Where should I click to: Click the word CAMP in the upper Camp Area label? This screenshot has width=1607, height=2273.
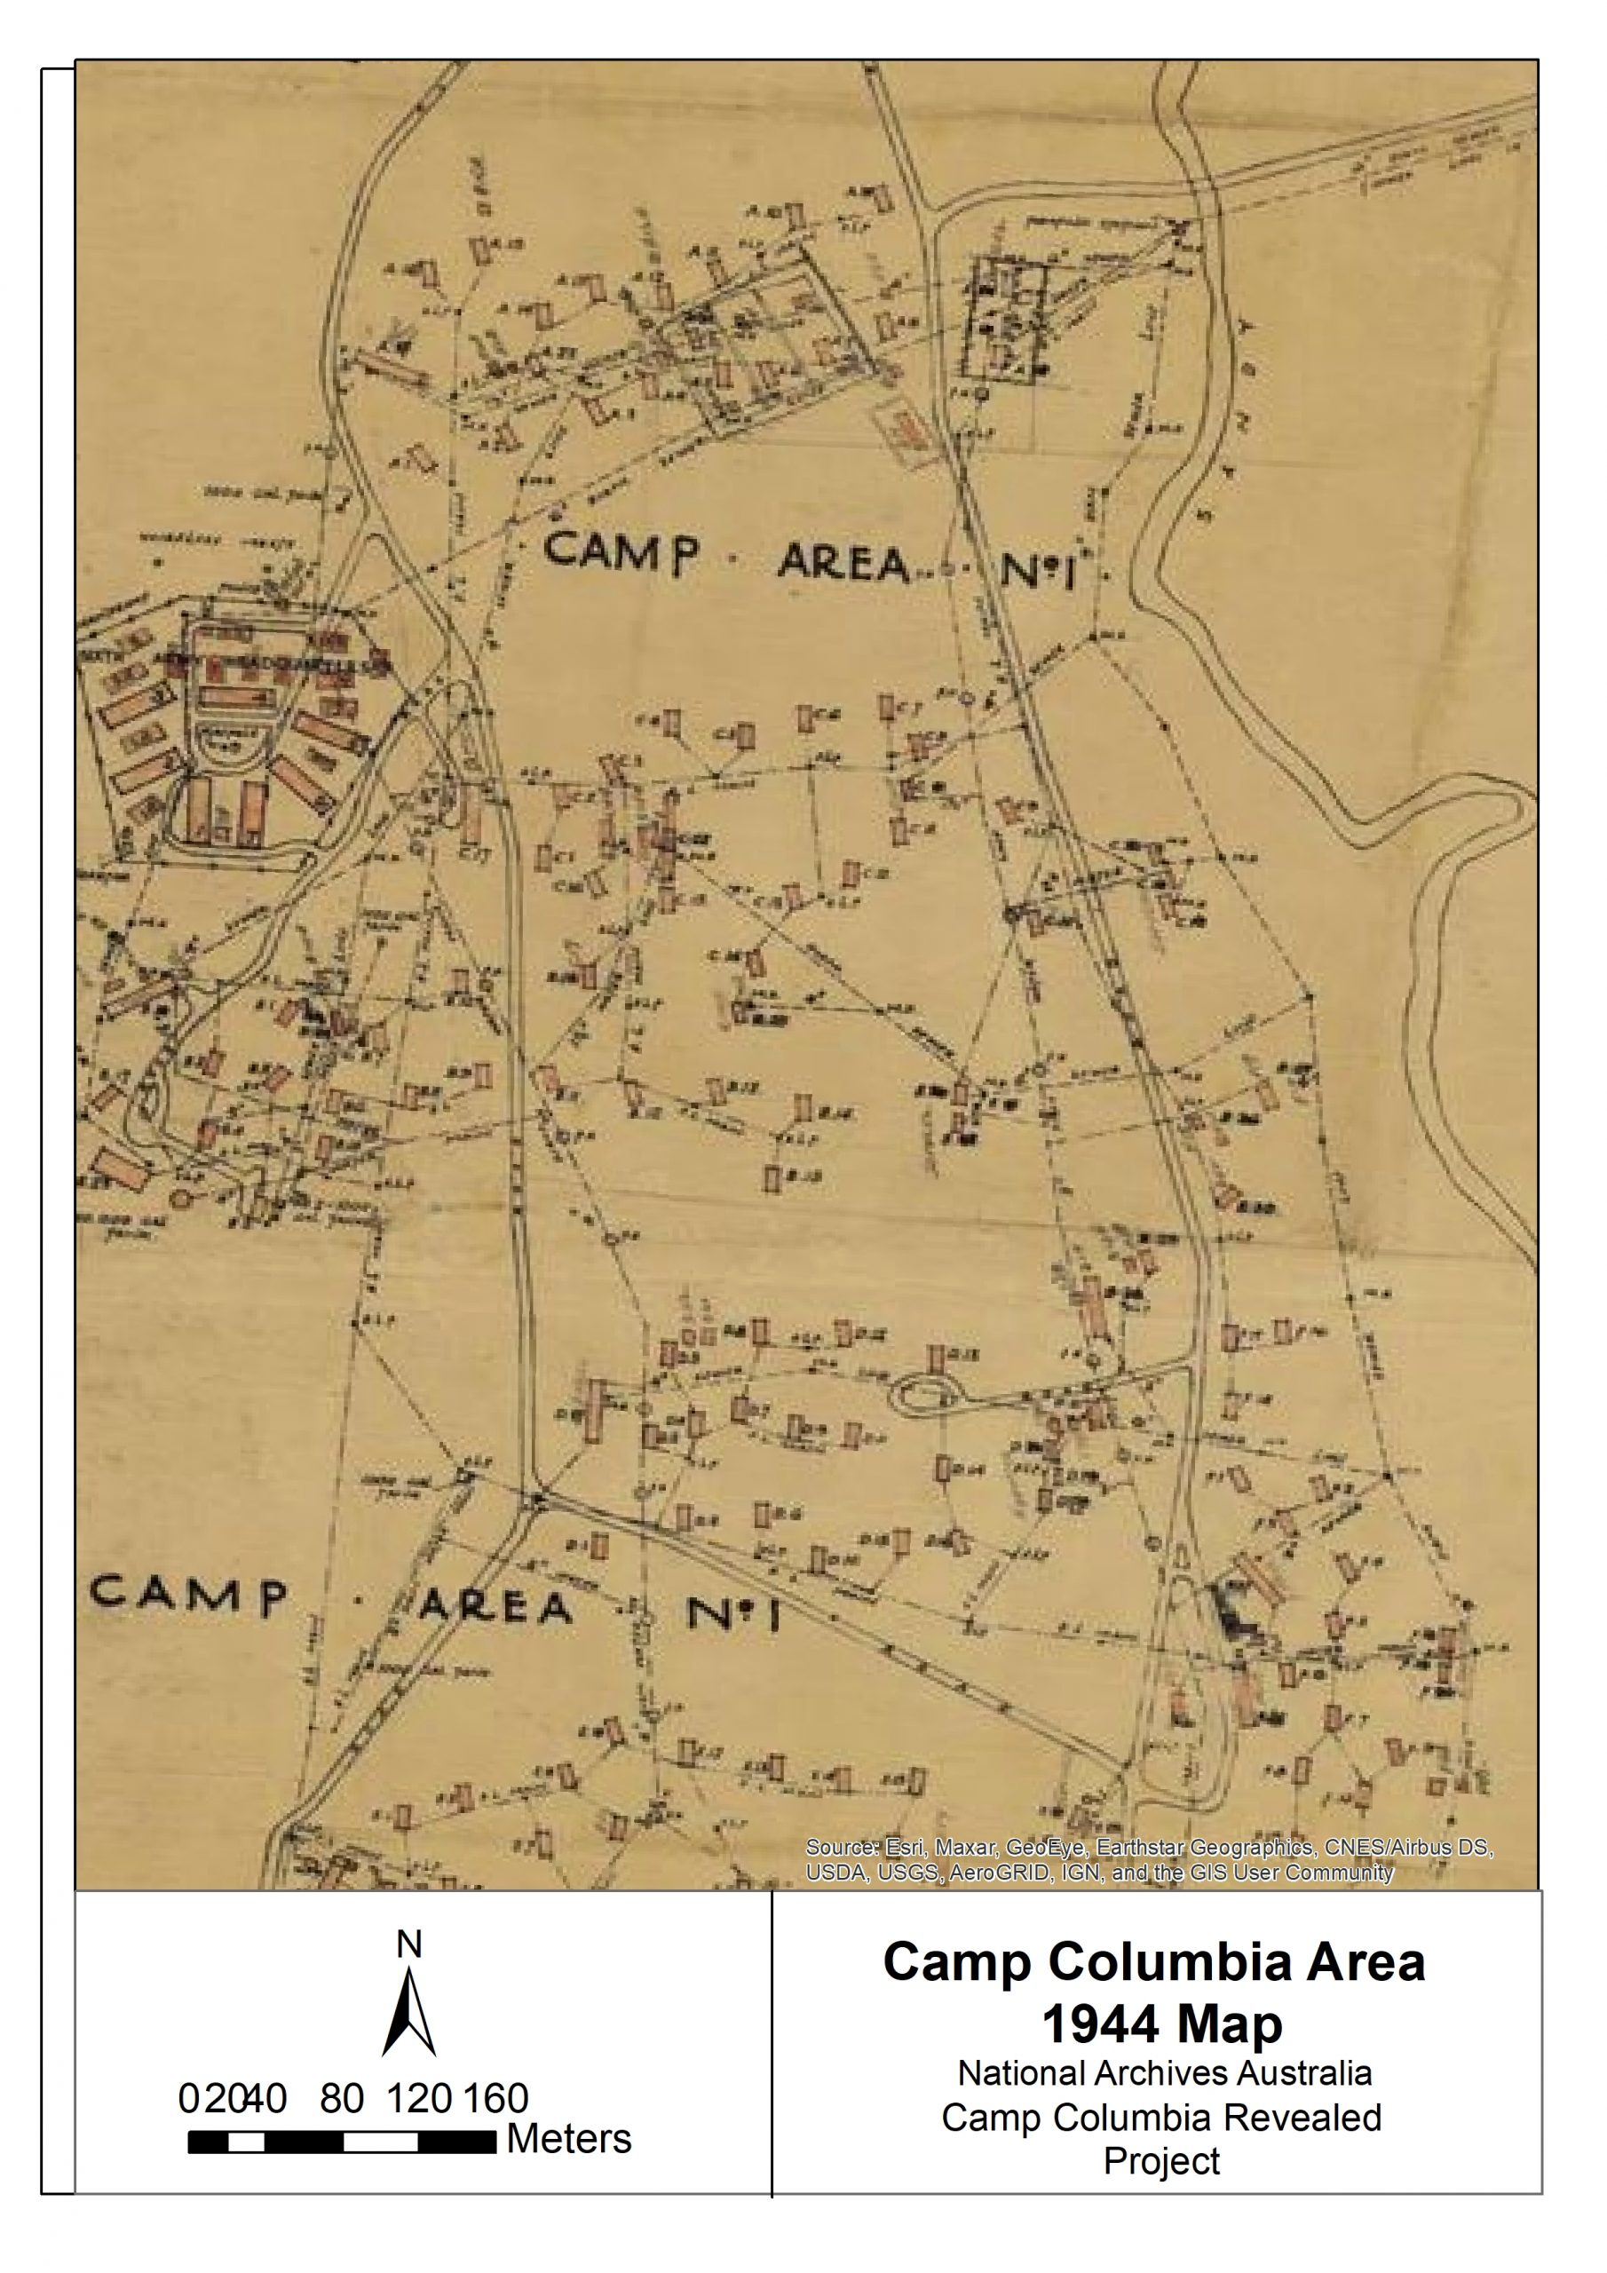[621, 552]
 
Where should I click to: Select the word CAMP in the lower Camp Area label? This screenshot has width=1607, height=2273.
[188, 1595]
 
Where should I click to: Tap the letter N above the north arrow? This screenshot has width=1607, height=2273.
[409, 1944]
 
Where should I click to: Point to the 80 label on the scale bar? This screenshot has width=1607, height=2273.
[342, 2098]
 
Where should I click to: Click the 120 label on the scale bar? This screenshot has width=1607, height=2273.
[419, 2098]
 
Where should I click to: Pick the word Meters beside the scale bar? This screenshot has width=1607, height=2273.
[569, 2139]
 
